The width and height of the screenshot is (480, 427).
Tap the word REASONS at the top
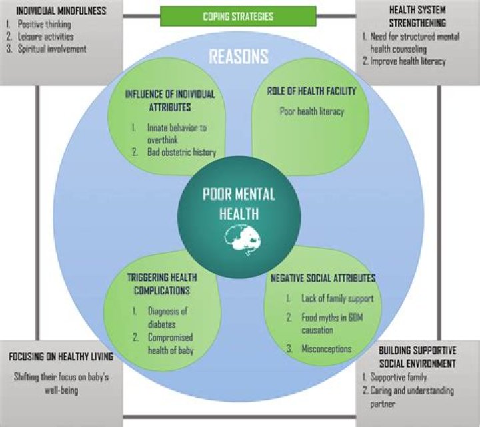tap(239, 56)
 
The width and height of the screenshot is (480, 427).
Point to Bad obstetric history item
tap(181, 153)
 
